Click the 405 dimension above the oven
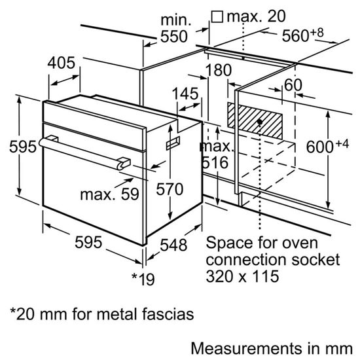[x=63, y=63]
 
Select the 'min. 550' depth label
[x=174, y=29]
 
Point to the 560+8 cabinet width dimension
[x=306, y=37]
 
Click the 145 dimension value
[x=186, y=93]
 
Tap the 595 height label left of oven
[x=13, y=147]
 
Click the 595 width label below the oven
[x=89, y=243]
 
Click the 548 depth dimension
[x=175, y=246]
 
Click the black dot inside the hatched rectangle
[x=261, y=122]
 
